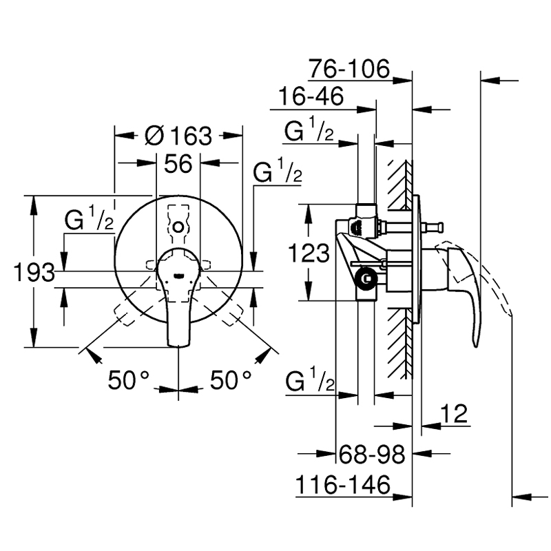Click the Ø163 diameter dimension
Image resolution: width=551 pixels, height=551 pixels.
pyautogui.click(x=178, y=136)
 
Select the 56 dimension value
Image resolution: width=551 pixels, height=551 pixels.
pyautogui.click(x=178, y=163)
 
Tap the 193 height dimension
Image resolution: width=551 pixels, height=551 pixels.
pyautogui.click(x=34, y=272)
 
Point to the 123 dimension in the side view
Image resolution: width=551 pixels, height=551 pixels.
pyautogui.click(x=309, y=253)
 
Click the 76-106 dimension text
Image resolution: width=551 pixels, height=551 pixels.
pyautogui.click(x=349, y=68)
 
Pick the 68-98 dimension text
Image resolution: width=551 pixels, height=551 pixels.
pyautogui.click(x=372, y=455)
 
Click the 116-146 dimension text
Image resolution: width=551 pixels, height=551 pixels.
pyautogui.click(x=343, y=485)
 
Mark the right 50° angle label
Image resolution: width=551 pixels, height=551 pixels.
pyautogui.click(x=231, y=380)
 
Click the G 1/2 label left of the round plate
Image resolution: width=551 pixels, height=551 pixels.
pyautogui.click(x=90, y=218)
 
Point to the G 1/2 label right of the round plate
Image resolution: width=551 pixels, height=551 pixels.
pyautogui.click(x=278, y=170)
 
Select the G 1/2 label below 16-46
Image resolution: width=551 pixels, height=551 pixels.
pyautogui.click(x=309, y=129)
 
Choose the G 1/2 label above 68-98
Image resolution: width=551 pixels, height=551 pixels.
pyautogui.click(x=310, y=380)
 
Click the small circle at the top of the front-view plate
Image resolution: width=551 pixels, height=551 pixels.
pyautogui.click(x=178, y=227)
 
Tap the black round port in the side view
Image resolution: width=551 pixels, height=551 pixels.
pyautogui.click(x=366, y=279)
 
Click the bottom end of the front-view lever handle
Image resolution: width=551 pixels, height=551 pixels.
pyautogui.click(x=178, y=346)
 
